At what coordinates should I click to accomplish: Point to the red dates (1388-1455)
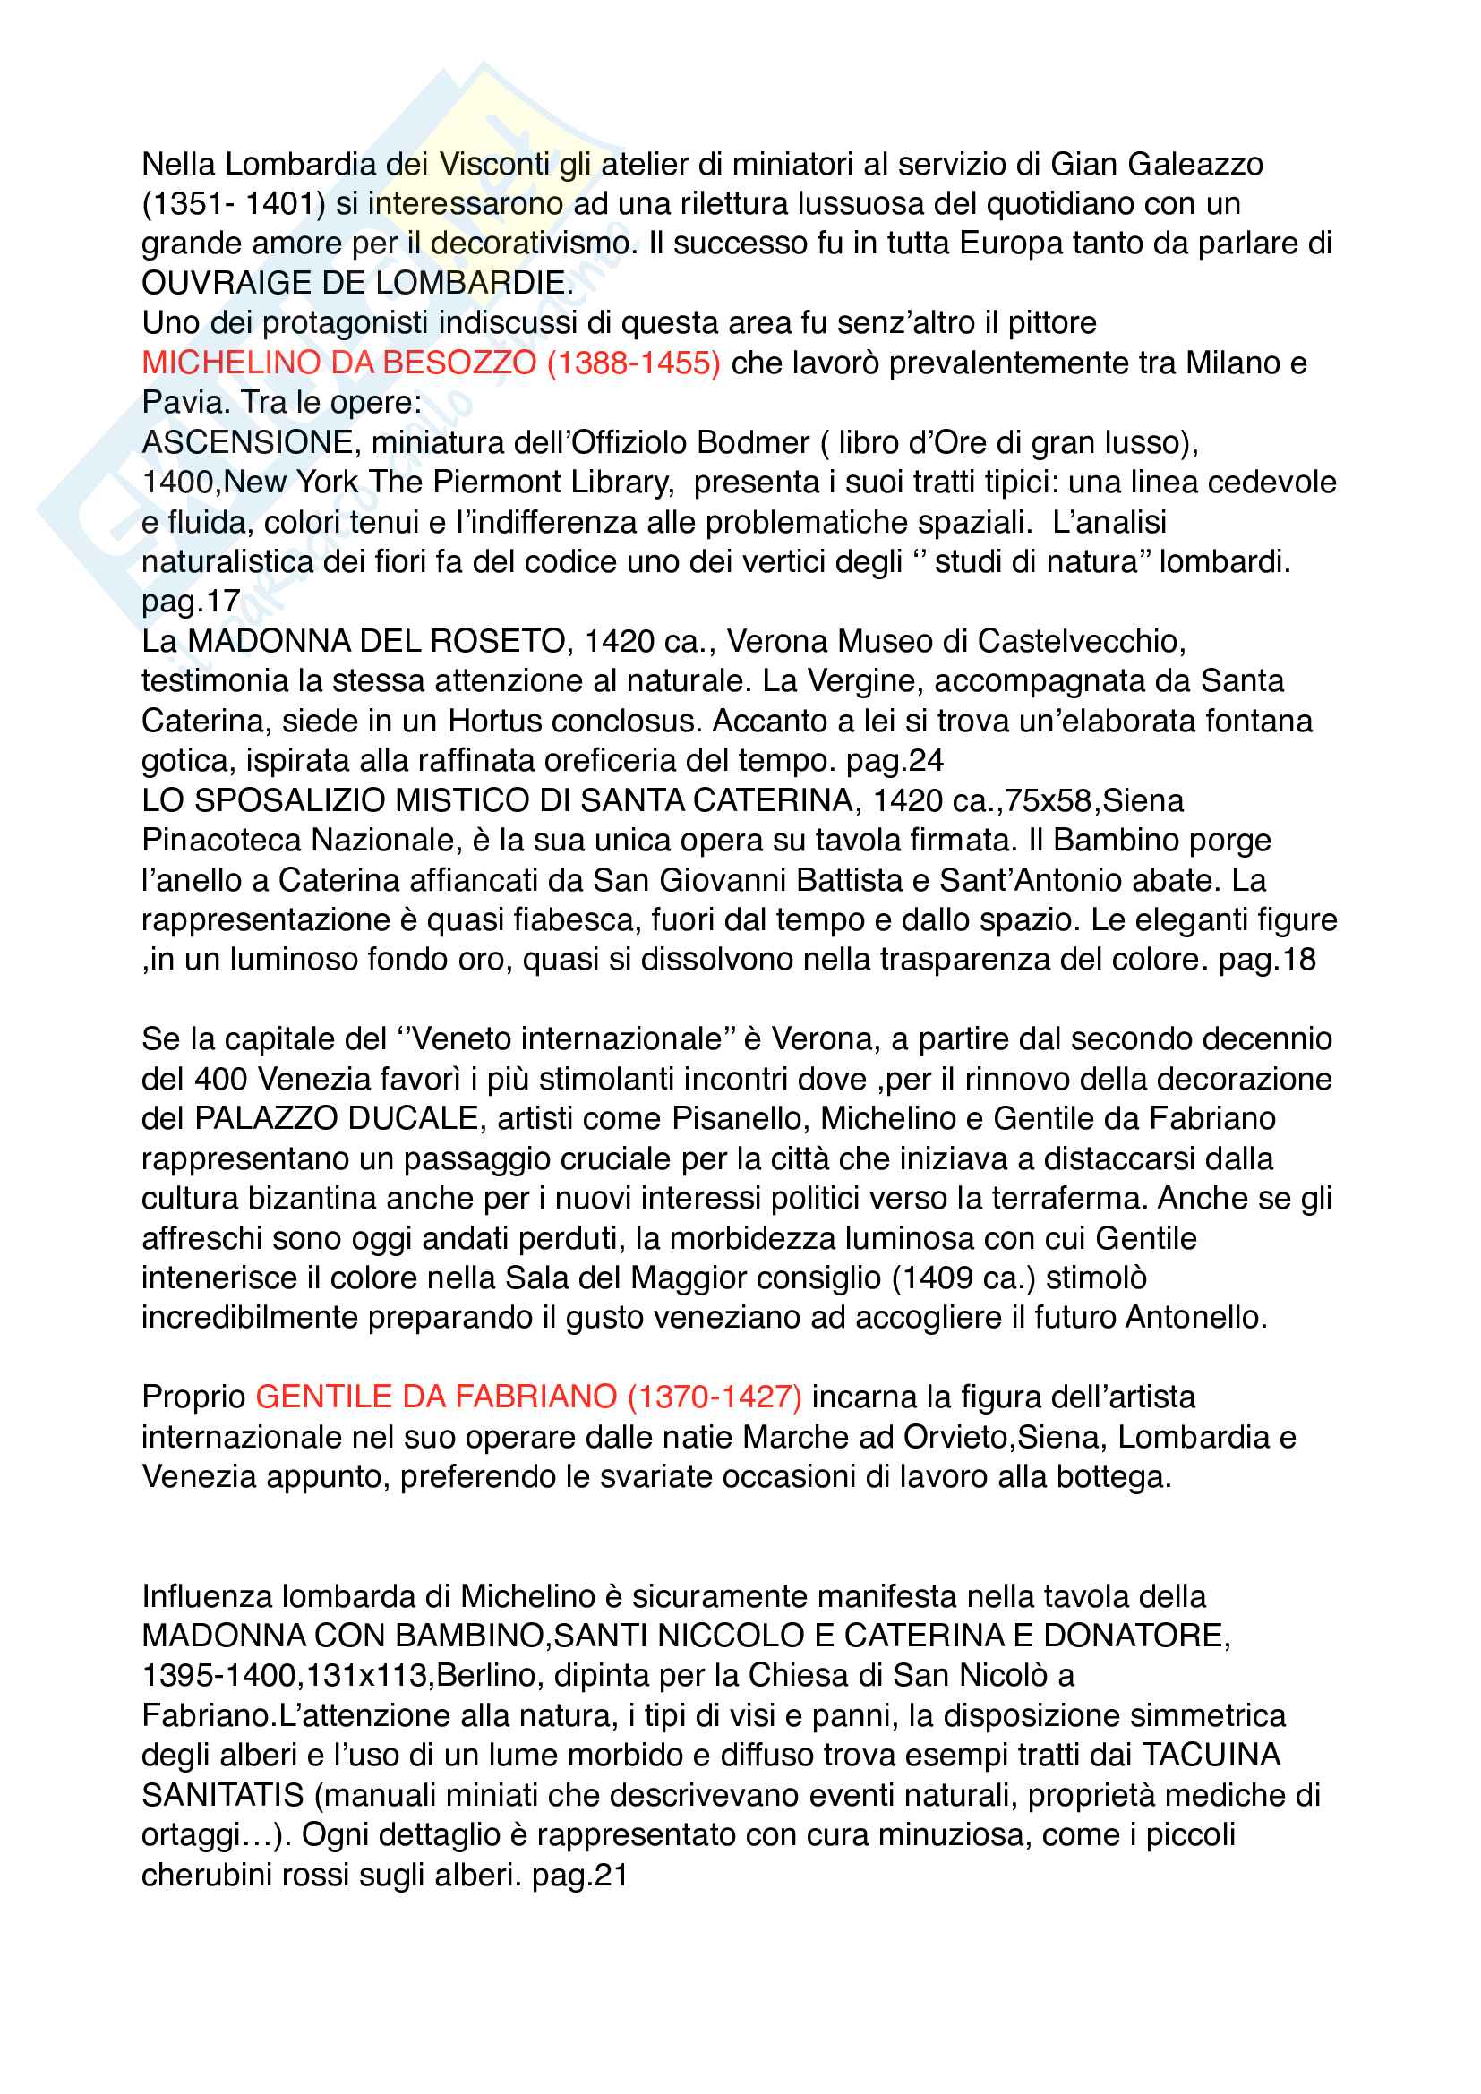(x=633, y=363)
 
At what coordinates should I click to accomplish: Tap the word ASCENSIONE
(x=247, y=442)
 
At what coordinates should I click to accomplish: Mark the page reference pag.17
(x=191, y=601)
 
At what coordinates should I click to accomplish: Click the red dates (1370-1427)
(x=715, y=1397)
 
